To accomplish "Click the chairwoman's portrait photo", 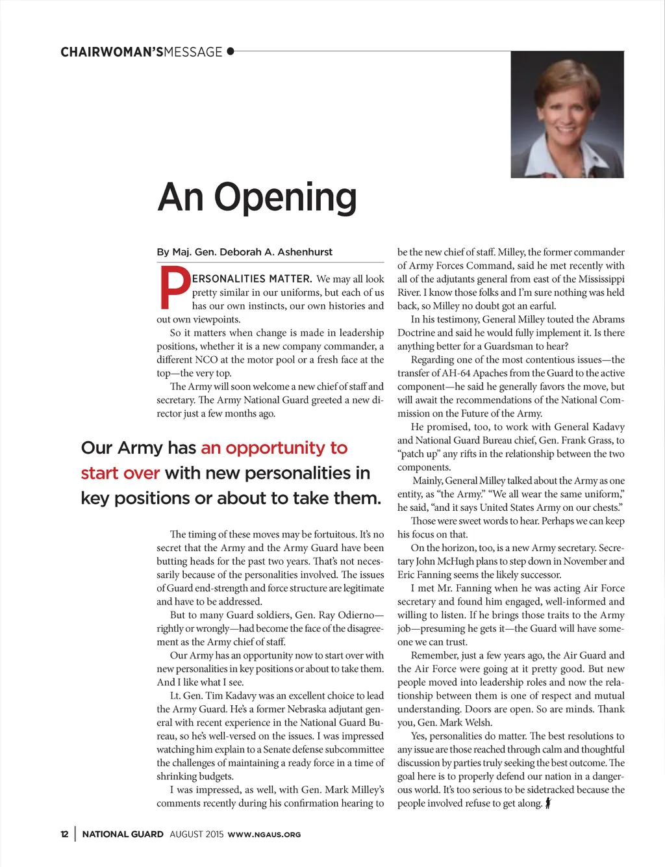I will tap(567, 114).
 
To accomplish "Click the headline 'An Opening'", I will tap(257, 197).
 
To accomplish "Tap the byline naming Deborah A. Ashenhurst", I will tap(244, 252).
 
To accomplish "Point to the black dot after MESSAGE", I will tap(230, 51).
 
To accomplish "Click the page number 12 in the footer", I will tap(64, 835).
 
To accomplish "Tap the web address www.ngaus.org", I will tap(264, 835).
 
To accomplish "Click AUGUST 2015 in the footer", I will tap(197, 835).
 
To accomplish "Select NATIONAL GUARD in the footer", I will tap(123, 835).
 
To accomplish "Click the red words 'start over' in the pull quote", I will tap(120, 473).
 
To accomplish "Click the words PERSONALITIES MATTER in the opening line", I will tap(252, 279).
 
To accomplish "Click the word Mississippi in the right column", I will tap(595, 279).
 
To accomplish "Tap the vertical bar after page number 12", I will tap(75, 835).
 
